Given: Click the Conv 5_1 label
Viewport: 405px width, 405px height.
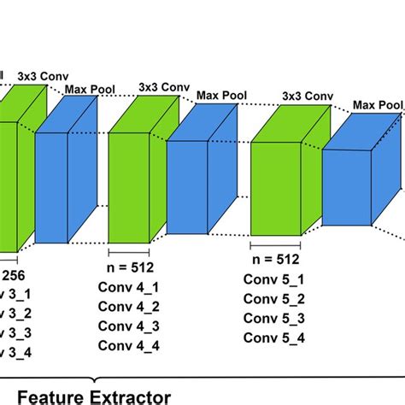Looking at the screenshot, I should (273, 279).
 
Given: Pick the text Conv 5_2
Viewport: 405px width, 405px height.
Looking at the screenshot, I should (273, 298).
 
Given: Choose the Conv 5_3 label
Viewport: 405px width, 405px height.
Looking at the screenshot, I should (273, 318).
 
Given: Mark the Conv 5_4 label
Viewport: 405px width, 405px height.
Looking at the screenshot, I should (273, 337).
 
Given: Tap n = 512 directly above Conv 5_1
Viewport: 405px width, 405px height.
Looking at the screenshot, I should (273, 259).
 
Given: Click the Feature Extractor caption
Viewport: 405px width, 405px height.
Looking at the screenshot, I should (94, 396).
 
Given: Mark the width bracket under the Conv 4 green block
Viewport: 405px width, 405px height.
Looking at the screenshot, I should (128, 251).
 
